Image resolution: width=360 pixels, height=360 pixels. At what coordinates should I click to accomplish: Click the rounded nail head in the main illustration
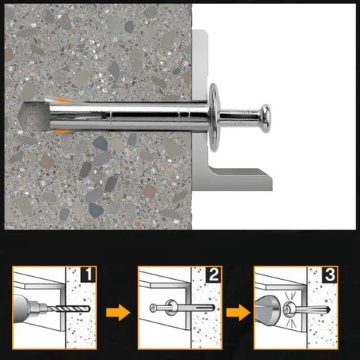click(x=264, y=118)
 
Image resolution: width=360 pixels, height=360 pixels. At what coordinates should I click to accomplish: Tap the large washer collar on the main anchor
click(x=214, y=118)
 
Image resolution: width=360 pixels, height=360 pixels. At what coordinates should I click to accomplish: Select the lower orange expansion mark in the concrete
click(x=62, y=131)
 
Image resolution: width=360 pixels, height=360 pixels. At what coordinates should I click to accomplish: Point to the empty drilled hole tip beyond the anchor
click(x=35, y=117)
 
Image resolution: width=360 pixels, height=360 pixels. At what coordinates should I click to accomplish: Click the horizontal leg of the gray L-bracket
click(x=240, y=178)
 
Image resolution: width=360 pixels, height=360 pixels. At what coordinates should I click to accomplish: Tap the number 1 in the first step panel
click(x=88, y=274)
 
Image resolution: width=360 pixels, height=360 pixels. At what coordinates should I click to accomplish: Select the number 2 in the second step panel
click(x=214, y=274)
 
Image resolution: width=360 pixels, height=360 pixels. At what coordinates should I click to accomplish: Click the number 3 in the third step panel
click(x=330, y=274)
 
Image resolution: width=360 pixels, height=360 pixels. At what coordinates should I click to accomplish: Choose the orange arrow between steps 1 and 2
click(x=118, y=313)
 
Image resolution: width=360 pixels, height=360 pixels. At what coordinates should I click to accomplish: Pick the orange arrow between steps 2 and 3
click(x=238, y=313)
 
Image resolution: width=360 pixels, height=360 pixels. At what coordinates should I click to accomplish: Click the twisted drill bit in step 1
click(x=73, y=309)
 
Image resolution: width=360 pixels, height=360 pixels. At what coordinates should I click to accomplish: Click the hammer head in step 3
click(x=265, y=310)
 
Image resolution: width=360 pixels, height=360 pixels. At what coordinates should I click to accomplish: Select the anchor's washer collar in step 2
click(x=171, y=307)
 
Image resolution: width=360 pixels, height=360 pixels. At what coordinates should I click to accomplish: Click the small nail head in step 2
click(x=153, y=308)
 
